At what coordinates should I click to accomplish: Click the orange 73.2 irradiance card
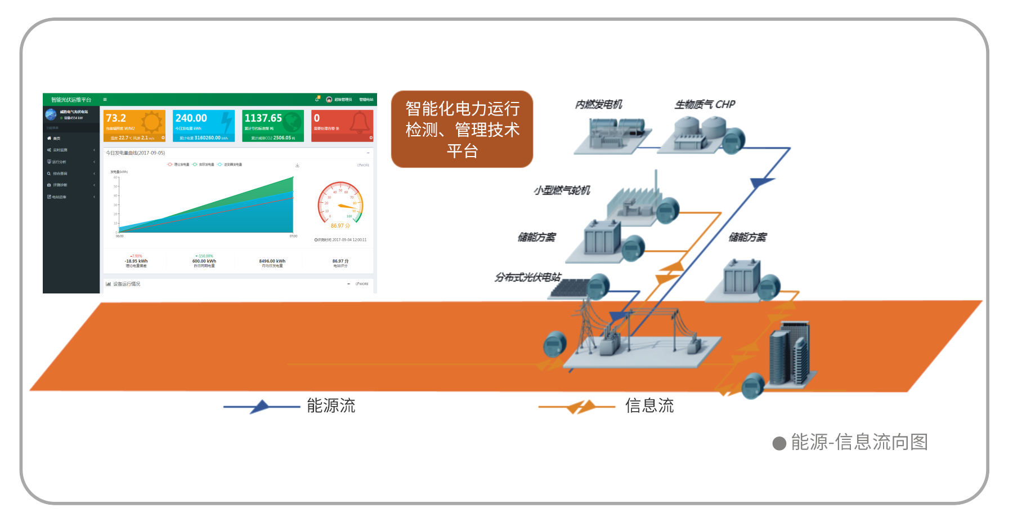[135, 126]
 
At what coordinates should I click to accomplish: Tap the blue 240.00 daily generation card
[203, 126]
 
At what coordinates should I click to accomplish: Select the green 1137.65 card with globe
[273, 126]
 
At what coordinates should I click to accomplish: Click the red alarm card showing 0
[342, 126]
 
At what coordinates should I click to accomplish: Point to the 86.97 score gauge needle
[346, 207]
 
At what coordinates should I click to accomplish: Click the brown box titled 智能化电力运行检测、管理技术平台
[462, 129]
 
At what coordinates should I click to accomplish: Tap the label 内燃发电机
[598, 104]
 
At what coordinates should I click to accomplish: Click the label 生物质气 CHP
[705, 104]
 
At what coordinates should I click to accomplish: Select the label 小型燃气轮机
[562, 190]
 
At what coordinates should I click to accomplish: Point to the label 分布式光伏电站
[527, 277]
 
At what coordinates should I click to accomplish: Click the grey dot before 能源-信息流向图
[779, 443]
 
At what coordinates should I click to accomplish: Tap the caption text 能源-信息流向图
[859, 442]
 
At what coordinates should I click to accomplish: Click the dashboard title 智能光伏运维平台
[71, 100]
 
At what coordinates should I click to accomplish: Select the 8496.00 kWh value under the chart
[272, 261]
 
